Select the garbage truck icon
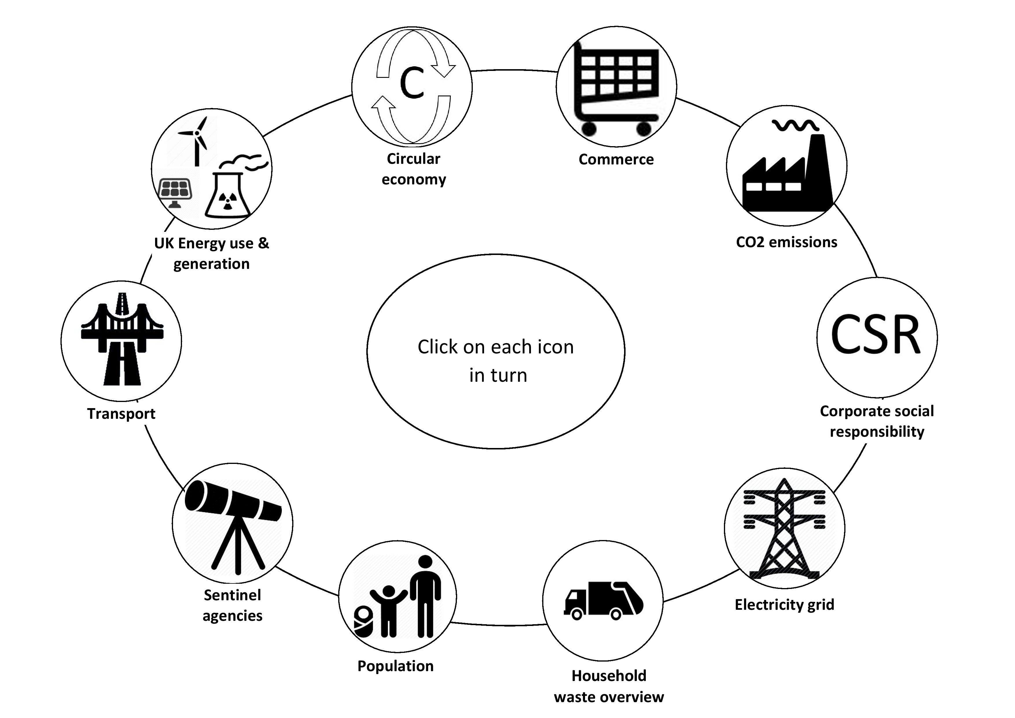point(604,601)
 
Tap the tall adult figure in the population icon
point(425,596)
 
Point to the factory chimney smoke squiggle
point(796,126)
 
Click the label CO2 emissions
point(786,242)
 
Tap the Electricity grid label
point(784,604)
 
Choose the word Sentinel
point(233,595)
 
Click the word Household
point(609,675)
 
